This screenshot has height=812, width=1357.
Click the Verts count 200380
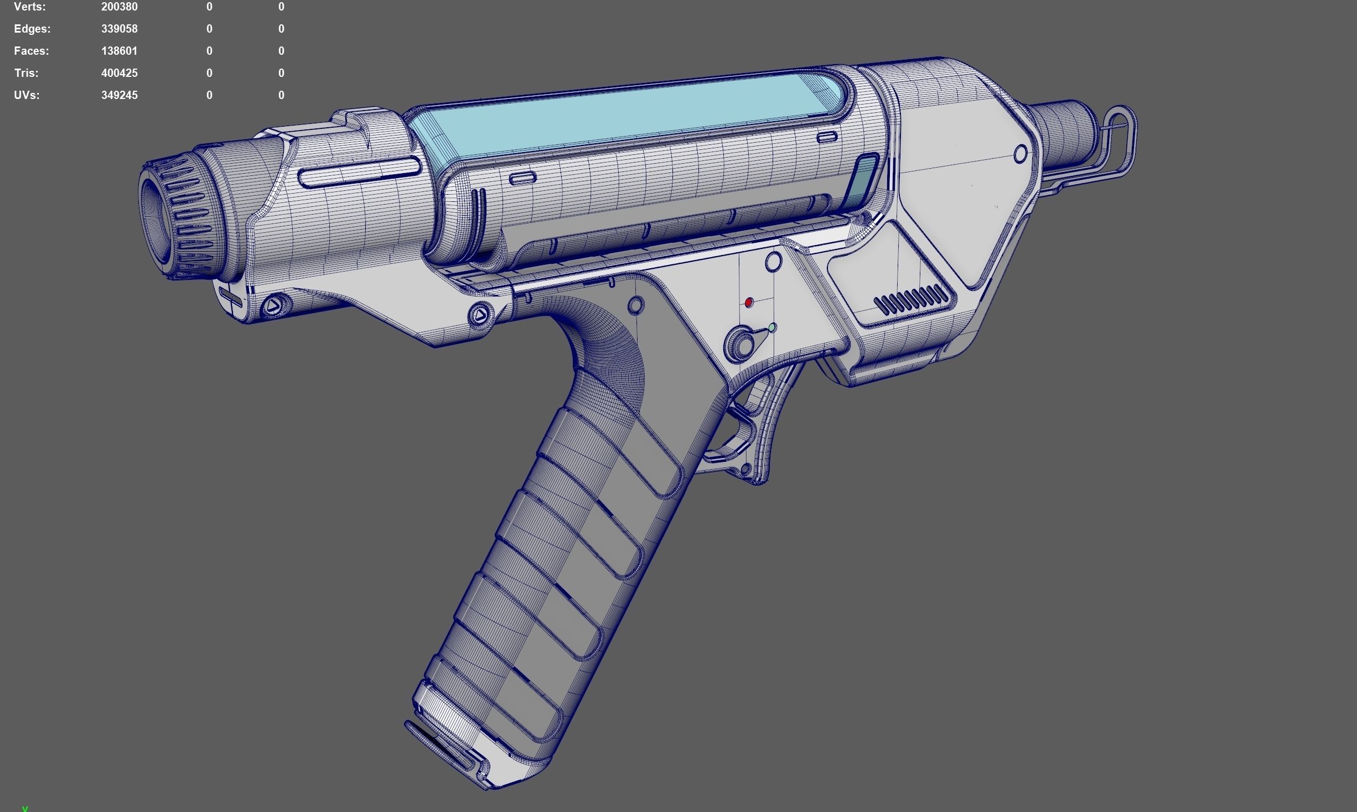click(x=119, y=7)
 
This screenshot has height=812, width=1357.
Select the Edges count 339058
click(x=119, y=29)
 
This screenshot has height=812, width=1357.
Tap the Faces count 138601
click(x=119, y=51)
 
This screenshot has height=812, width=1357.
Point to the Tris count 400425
click(x=119, y=73)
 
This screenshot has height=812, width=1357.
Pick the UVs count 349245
click(x=119, y=95)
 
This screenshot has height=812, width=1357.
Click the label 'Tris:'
click(x=26, y=73)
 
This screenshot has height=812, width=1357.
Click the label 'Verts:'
click(x=29, y=7)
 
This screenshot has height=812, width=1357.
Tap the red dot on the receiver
click(x=749, y=302)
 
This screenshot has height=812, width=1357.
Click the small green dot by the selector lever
click(x=772, y=328)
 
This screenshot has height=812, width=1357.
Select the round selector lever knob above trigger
click(x=742, y=343)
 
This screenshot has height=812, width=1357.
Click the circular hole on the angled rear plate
click(x=1021, y=154)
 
